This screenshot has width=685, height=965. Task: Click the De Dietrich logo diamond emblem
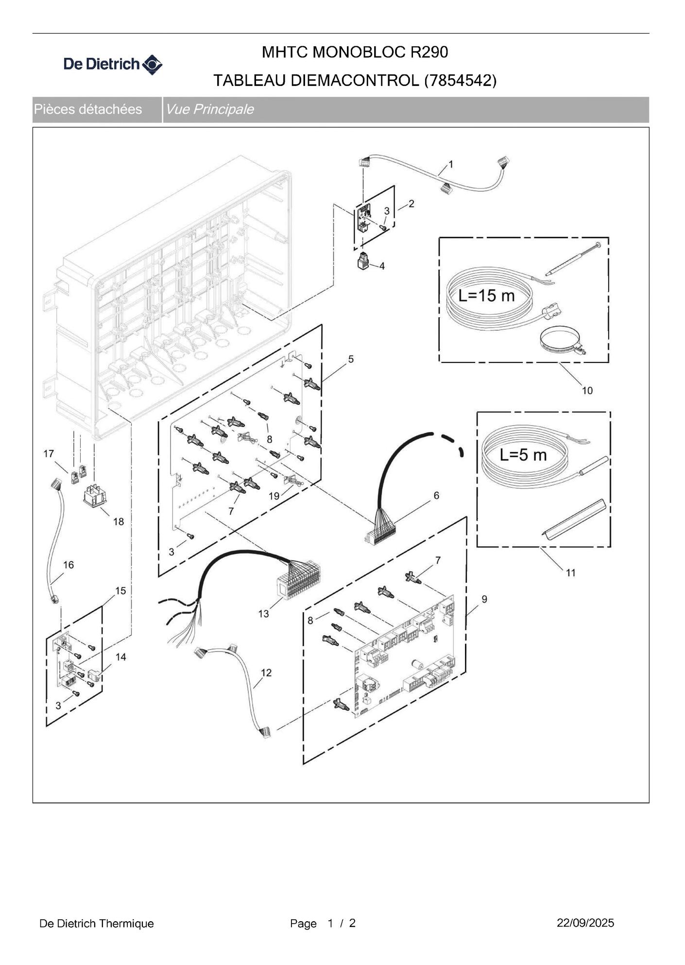point(152,65)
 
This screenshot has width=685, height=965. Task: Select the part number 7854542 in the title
point(461,81)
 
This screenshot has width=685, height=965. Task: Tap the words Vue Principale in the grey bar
point(209,109)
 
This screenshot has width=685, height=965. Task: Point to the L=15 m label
point(486,295)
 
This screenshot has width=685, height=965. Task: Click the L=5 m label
point(523,455)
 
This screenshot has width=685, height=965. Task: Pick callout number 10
point(587,390)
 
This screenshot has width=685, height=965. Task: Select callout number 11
point(571,572)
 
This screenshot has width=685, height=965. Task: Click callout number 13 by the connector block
point(263,614)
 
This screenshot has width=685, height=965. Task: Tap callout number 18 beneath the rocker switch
point(119,521)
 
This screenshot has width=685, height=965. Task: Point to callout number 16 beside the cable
point(68,565)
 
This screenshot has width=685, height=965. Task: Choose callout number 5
point(351,359)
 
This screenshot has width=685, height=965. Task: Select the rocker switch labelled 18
point(94,496)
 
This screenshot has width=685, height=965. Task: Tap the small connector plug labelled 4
point(362,261)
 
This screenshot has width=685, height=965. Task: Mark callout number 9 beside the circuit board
point(484,599)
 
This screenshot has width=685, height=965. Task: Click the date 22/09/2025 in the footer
point(585,923)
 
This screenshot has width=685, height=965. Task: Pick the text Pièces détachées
point(88,109)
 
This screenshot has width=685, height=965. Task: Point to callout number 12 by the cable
point(266,672)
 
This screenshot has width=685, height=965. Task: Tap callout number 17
point(49,453)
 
